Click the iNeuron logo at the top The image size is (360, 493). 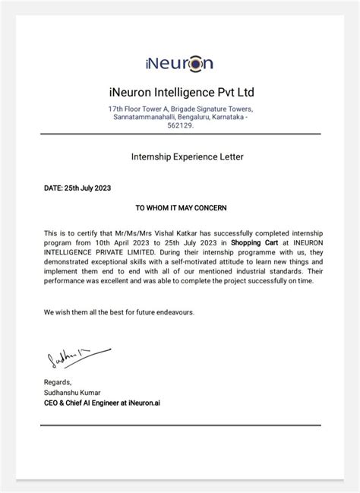[x=180, y=62]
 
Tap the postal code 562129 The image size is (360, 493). [x=179, y=125]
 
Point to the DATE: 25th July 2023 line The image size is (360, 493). [x=77, y=186]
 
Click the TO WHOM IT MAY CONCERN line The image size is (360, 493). [x=180, y=207]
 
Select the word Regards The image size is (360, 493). [x=58, y=381]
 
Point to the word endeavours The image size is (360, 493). [x=173, y=312]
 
